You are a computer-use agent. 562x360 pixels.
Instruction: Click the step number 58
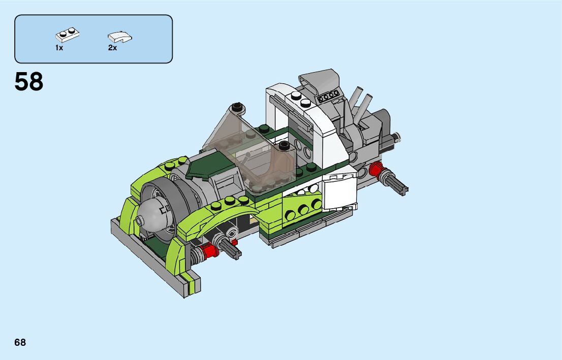click(28, 82)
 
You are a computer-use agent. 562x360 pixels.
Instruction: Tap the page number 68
click(20, 342)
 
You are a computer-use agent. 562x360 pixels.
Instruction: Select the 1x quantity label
click(59, 48)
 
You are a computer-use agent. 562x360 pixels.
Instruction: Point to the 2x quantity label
click(112, 48)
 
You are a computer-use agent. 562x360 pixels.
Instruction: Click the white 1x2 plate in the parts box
click(68, 35)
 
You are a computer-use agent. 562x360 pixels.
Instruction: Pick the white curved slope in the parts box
click(120, 37)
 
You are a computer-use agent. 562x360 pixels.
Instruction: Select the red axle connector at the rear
click(376, 169)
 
